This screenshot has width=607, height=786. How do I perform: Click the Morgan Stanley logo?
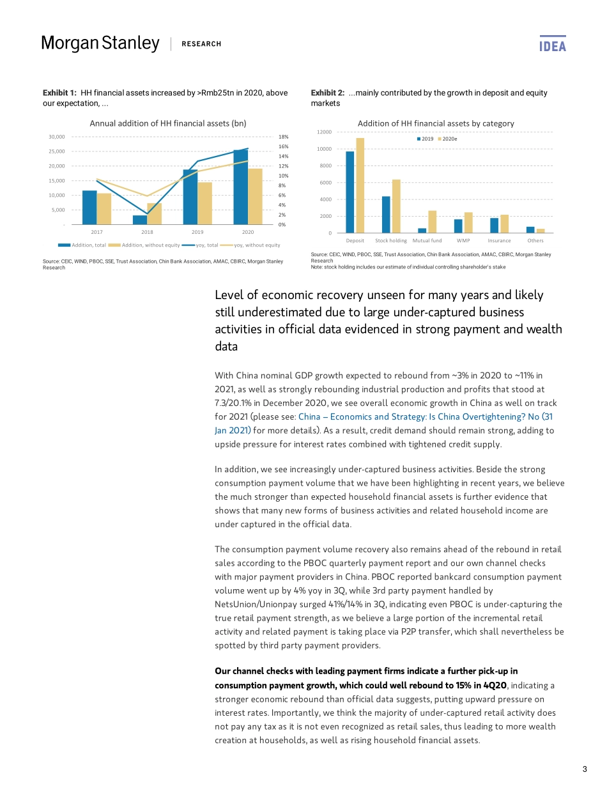click(x=100, y=43)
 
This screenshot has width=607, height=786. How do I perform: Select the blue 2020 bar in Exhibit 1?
click(x=240, y=187)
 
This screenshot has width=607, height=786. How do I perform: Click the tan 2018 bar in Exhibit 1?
click(x=154, y=213)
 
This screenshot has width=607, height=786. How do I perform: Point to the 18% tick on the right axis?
click(x=284, y=137)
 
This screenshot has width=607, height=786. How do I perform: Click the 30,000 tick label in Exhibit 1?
click(x=57, y=137)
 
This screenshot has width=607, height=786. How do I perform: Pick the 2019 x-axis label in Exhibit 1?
click(x=197, y=232)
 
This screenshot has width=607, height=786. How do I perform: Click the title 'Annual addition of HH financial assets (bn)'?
click(x=168, y=123)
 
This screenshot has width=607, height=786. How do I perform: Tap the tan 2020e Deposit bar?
click(x=360, y=185)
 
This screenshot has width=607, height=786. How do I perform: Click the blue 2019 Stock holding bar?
click(x=386, y=214)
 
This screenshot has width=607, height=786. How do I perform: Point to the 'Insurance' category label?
click(x=499, y=241)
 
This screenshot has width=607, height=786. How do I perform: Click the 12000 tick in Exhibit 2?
click(x=325, y=132)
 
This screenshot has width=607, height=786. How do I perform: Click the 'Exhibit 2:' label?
click(x=327, y=93)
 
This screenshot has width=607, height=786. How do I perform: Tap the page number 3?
click(x=585, y=769)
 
